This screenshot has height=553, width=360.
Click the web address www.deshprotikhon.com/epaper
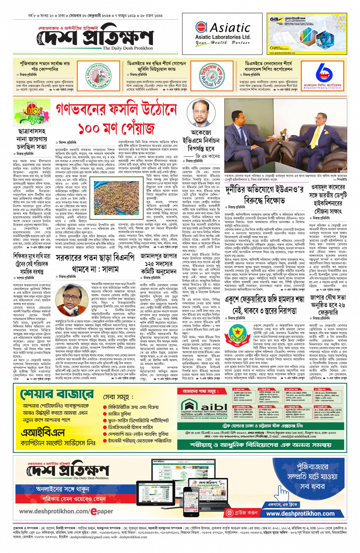66,511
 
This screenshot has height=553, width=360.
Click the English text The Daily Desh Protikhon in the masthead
128,48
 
